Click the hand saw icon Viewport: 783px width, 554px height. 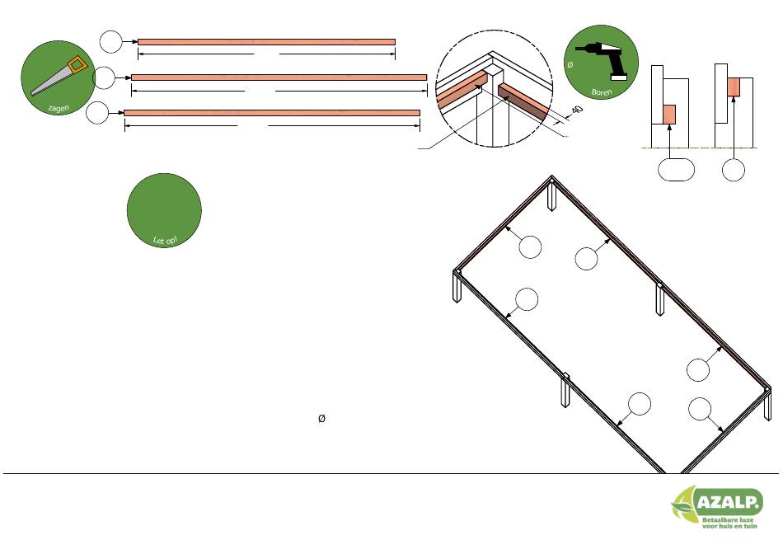[60, 76]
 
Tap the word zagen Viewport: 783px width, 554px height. [59, 107]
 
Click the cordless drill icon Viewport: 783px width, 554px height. [602, 60]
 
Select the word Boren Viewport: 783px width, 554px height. [601, 92]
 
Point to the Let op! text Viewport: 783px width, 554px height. [166, 240]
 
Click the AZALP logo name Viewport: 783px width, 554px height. [729, 501]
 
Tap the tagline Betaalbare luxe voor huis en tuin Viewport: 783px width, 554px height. [729, 523]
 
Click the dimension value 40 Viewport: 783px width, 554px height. [577, 110]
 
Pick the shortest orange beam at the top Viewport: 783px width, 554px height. [267, 42]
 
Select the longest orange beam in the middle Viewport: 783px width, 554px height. [279, 77]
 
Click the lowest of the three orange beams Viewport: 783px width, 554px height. [272, 113]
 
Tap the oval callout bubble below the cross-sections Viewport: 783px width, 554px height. [676, 169]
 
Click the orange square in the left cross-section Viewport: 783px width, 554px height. [669, 115]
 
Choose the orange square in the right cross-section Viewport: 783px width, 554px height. [734, 87]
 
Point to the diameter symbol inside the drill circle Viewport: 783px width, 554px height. [570, 64]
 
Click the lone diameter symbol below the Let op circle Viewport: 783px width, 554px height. [321, 418]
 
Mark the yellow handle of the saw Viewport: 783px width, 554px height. [78, 64]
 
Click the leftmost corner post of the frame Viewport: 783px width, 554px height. [457, 286]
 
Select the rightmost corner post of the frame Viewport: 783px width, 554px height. [768, 404]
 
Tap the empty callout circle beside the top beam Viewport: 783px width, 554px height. [111, 42]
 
